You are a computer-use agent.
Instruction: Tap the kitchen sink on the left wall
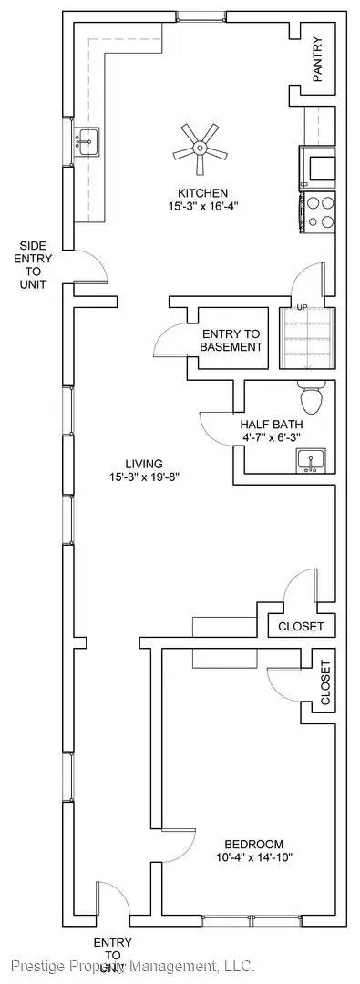pyautogui.click(x=87, y=141)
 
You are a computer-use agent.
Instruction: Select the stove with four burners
pyautogui.click(x=318, y=212)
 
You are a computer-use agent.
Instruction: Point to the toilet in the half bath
pyautogui.click(x=309, y=398)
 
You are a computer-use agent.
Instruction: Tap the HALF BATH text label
pyautogui.click(x=272, y=425)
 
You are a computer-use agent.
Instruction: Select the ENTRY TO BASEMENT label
pyautogui.click(x=231, y=340)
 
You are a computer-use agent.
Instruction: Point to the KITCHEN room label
pyautogui.click(x=202, y=192)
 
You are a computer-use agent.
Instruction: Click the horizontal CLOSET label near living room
pyautogui.click(x=301, y=627)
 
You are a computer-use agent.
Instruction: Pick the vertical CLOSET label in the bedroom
pyautogui.click(x=325, y=683)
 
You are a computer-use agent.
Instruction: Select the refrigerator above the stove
pyautogui.click(x=318, y=169)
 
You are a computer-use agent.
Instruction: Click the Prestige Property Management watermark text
pyautogui.click(x=133, y=965)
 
